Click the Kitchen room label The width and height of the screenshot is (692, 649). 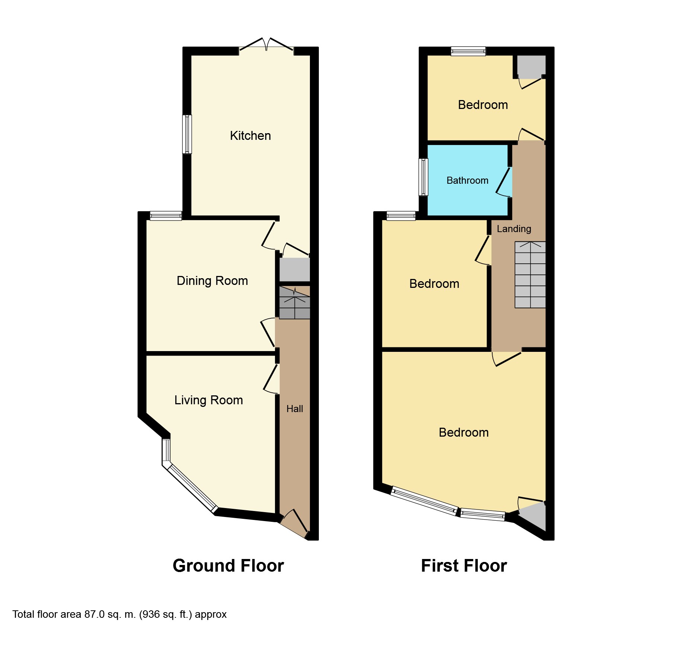click(250, 136)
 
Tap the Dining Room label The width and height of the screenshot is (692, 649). click(212, 281)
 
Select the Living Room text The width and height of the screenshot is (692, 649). click(208, 400)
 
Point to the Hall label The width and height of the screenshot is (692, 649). click(295, 409)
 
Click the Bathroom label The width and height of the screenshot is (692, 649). click(467, 181)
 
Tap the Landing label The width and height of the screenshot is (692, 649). click(514, 229)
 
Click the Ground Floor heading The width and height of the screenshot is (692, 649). click(228, 566)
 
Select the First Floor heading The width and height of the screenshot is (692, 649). click(464, 566)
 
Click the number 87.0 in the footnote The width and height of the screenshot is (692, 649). click(94, 614)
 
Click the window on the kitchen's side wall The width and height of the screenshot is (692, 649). click(187, 134)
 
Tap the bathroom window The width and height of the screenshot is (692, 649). click(423, 177)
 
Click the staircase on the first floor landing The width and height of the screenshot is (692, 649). click(530, 275)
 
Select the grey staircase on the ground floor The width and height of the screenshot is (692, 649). click(294, 303)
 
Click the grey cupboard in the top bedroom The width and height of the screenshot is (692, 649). click(531, 66)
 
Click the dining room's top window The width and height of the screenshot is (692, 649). click(166, 216)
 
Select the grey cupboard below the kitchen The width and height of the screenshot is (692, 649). click(294, 270)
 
